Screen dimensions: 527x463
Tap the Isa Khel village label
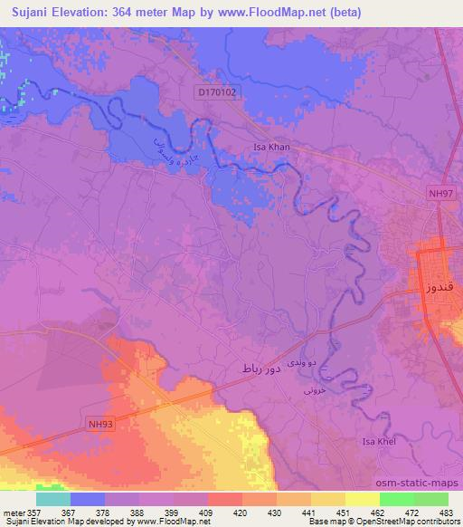tap(380, 441)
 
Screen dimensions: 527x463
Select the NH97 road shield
tap(440, 192)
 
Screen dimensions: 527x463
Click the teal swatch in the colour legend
tap(53, 499)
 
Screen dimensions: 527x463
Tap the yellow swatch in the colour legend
tap(362, 499)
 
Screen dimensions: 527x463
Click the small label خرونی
tap(312, 392)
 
